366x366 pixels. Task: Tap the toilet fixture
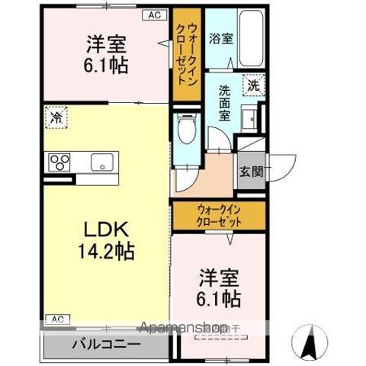pos(185,131)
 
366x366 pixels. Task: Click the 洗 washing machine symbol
pos(252,85)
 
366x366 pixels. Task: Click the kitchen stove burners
pos(59,162)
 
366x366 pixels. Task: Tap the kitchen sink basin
pos(101,162)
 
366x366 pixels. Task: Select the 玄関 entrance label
pos(251,171)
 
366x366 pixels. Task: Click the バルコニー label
pos(106,344)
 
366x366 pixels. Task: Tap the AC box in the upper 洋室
pos(153,14)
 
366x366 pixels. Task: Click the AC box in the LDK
pos(57,318)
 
